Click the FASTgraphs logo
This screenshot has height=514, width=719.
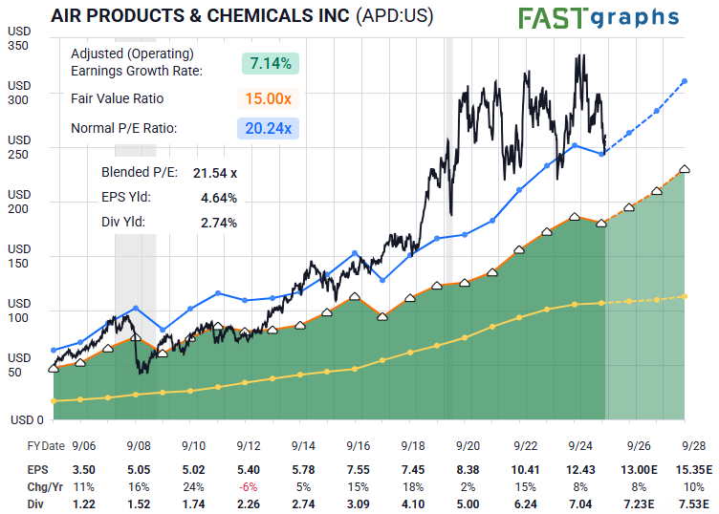click(x=599, y=18)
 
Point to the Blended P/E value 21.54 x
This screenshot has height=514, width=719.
click(x=215, y=173)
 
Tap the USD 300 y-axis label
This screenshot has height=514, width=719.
click(x=19, y=92)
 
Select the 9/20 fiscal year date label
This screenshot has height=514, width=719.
click(x=468, y=446)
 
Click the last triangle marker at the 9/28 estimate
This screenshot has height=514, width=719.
click(x=685, y=169)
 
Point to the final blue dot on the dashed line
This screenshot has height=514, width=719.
click(x=685, y=81)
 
